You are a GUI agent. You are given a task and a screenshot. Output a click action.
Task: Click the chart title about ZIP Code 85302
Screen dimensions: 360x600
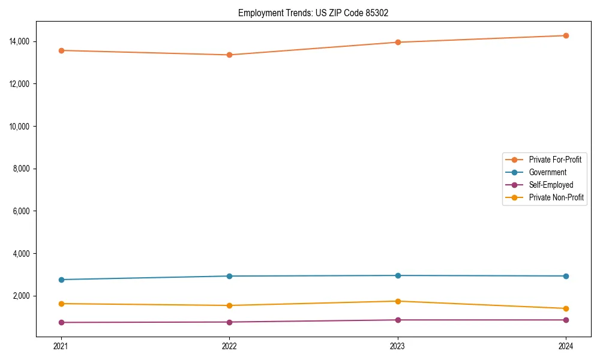pyautogui.click(x=313, y=13)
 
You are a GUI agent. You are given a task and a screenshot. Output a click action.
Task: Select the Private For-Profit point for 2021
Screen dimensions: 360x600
pyautogui.click(x=61, y=50)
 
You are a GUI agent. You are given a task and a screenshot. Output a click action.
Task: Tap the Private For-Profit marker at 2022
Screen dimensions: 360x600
pyautogui.click(x=229, y=55)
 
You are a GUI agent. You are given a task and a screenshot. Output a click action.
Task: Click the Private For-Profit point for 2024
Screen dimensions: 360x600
pyautogui.click(x=566, y=35)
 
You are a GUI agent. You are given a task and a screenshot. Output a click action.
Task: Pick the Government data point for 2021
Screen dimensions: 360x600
pyautogui.click(x=61, y=280)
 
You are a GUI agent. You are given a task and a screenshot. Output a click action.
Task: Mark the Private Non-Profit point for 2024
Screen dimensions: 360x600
pyautogui.click(x=566, y=308)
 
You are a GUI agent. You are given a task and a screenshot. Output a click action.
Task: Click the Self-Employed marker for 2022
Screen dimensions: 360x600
pyautogui.click(x=229, y=322)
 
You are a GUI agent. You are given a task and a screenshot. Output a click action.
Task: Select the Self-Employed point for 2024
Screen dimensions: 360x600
pyautogui.click(x=566, y=320)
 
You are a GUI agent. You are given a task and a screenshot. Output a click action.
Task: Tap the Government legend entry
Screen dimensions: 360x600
pyautogui.click(x=547, y=172)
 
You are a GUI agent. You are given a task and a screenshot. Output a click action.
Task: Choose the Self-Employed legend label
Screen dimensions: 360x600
pyautogui.click(x=551, y=185)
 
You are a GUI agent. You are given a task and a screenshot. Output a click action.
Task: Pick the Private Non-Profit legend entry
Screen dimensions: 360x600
pyautogui.click(x=556, y=197)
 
